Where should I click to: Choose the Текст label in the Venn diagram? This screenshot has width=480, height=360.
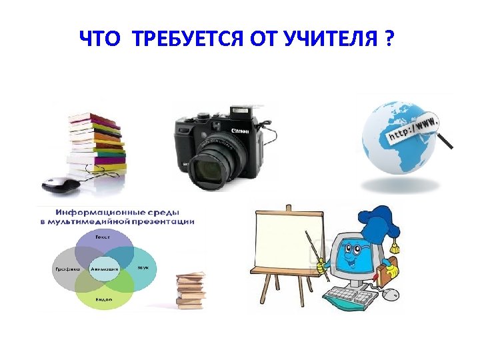click(103, 237)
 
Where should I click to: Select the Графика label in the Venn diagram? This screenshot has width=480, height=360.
click(66, 269)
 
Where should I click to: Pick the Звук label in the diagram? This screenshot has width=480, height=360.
click(143, 267)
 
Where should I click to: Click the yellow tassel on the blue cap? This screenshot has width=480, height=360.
click(395, 247)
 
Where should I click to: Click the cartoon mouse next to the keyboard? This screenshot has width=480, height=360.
click(394, 293)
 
